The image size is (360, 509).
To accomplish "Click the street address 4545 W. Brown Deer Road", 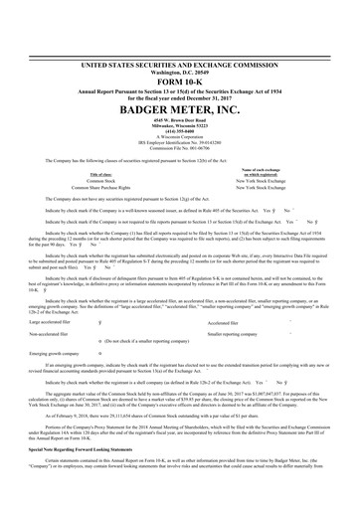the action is tap(180, 94).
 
